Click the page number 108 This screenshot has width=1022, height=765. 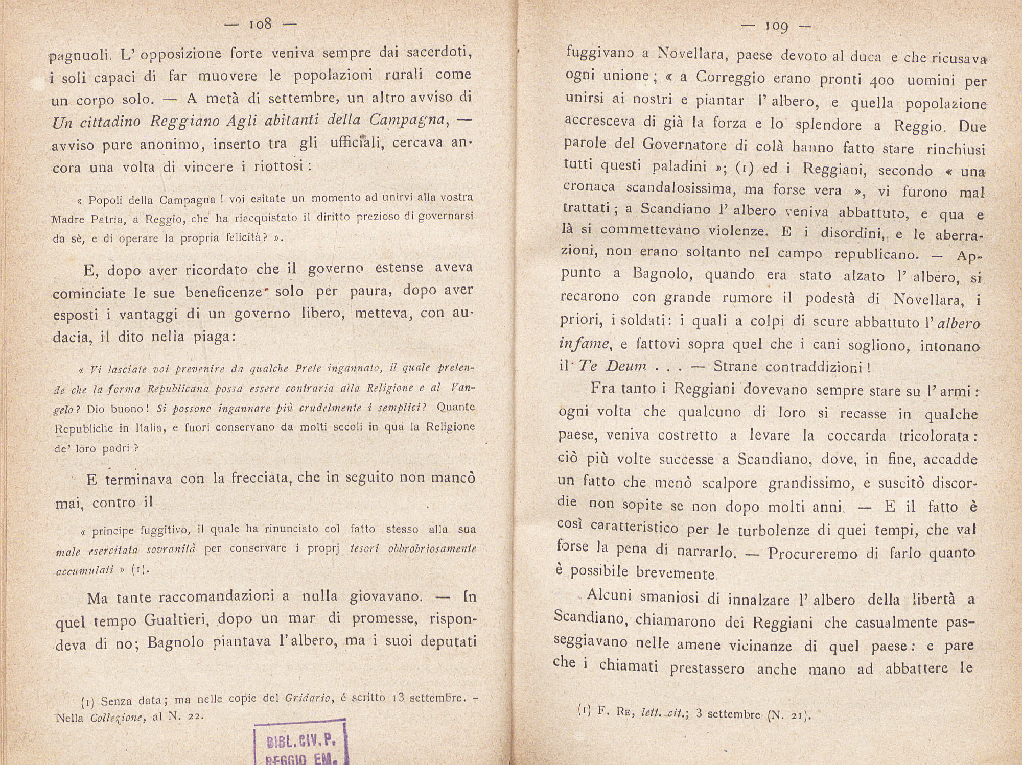260,23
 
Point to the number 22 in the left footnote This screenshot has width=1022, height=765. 193,716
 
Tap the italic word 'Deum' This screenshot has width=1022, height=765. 625,366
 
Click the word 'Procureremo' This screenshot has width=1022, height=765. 811,553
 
